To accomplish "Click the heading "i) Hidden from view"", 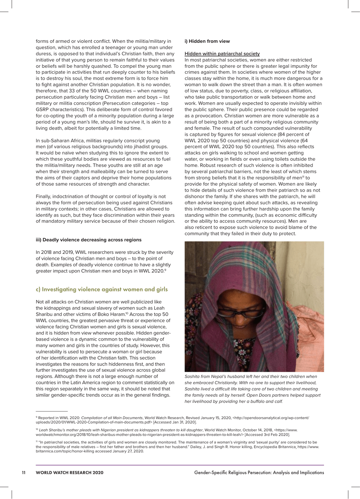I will click(x=207, y=41).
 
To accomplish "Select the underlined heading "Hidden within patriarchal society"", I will click(x=222, y=54).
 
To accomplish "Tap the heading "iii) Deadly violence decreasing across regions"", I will click(x=88, y=240).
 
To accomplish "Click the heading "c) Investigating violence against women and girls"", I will click(x=102, y=289).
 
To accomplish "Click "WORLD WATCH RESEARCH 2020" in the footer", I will click(x=69, y=472).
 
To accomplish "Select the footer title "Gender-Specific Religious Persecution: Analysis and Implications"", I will click(x=259, y=472).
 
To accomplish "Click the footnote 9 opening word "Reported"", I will click(x=47, y=418).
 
